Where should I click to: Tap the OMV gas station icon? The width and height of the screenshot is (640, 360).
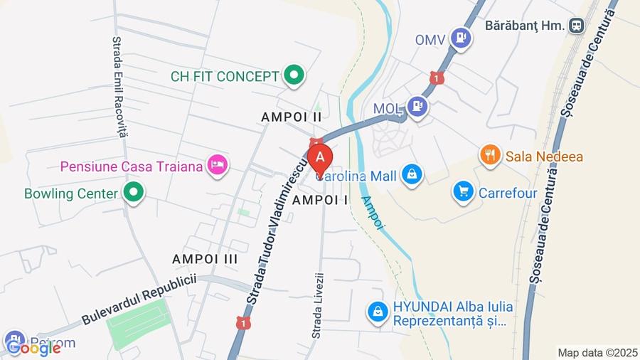point(463,36)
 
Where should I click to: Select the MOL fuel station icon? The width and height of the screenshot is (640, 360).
point(418,107)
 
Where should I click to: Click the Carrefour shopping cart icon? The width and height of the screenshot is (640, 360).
point(464,192)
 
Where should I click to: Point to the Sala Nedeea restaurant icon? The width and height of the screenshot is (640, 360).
point(490,156)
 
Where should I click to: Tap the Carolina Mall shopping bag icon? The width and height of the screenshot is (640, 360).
point(412,174)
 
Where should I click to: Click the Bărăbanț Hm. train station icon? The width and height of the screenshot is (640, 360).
point(576,26)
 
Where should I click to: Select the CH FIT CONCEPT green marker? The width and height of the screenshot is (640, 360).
point(293,75)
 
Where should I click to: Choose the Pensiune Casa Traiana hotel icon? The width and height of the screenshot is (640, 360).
point(217,166)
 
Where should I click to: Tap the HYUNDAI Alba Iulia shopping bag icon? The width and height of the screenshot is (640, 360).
point(378,311)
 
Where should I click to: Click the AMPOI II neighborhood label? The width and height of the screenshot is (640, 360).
point(292,116)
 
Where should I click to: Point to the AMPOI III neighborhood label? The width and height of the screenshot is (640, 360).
point(205,259)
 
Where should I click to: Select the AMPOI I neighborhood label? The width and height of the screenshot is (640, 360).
point(320,200)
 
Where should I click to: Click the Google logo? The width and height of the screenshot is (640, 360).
point(33,347)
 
